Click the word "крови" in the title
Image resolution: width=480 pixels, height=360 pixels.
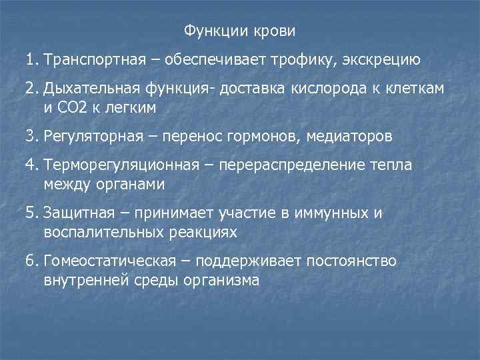click(274, 31)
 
